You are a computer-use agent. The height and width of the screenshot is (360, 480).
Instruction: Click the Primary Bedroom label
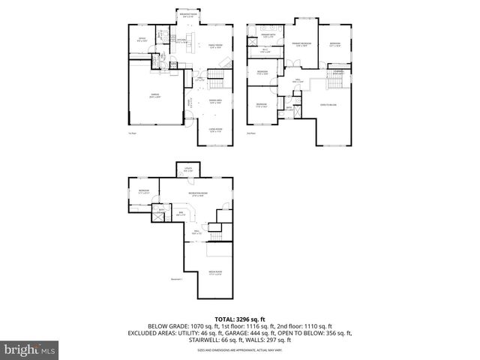click(301, 45)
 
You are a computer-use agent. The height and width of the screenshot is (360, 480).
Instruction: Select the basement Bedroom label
click(142, 191)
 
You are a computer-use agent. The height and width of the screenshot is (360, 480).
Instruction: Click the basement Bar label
click(180, 214)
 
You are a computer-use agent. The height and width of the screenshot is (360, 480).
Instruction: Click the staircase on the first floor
click(216, 73)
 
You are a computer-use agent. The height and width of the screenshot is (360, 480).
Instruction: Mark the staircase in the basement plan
click(216, 237)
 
